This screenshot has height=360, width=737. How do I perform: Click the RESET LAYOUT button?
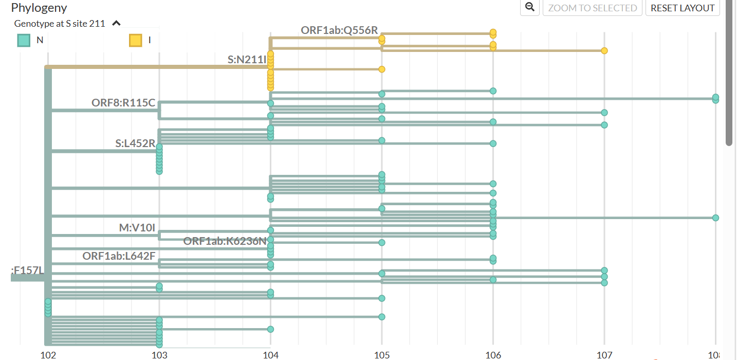[683, 8]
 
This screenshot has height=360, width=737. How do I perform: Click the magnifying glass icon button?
[529, 8]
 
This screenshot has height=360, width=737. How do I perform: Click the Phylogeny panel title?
[39, 8]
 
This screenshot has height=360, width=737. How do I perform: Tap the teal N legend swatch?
[23, 40]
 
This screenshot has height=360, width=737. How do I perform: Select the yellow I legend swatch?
[136, 40]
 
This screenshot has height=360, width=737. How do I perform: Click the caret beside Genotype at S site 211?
[117, 23]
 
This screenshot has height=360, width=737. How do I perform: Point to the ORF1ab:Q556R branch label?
[339, 30]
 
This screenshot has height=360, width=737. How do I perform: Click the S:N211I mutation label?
[247, 60]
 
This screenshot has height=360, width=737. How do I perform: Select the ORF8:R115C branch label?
[123, 103]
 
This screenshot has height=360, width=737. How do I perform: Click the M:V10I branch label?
[137, 227]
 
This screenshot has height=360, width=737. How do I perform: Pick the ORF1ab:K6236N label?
[225, 241]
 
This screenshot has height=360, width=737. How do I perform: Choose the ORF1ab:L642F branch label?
[119, 256]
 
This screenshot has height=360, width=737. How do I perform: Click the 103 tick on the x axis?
[159, 354]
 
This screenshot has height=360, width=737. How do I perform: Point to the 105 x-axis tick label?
[381, 354]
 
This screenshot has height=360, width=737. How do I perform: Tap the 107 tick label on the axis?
[604, 354]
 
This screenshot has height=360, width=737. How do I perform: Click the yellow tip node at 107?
[604, 50]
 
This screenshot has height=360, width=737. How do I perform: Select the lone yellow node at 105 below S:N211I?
[382, 69]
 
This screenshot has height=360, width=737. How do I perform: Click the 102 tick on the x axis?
[48, 354]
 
